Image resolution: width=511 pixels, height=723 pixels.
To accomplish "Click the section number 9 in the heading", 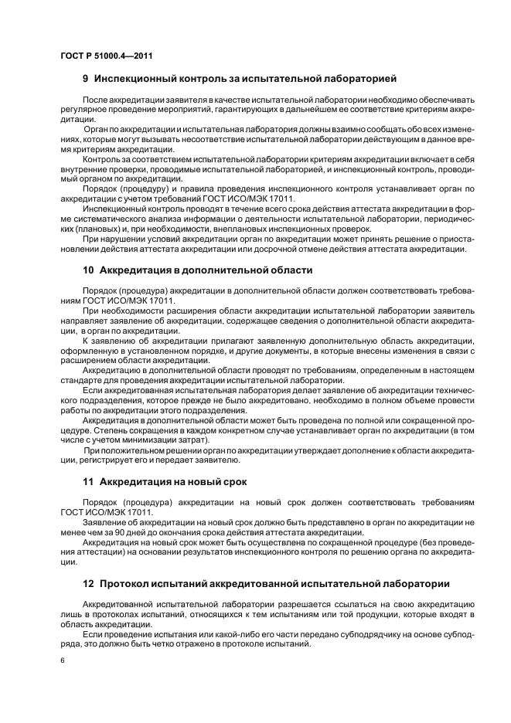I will [86, 79].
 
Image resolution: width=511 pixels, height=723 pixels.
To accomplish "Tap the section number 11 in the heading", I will [88, 482].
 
